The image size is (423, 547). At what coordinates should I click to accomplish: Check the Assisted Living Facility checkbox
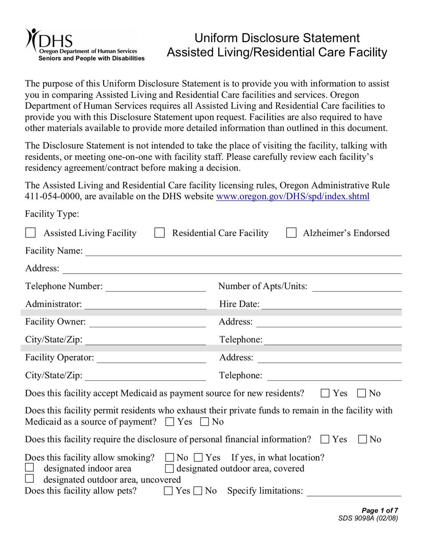31,233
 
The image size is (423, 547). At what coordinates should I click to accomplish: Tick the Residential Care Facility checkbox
160,233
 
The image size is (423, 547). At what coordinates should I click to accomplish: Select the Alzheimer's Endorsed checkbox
291,233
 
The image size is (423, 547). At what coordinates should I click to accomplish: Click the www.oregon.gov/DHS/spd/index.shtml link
293,196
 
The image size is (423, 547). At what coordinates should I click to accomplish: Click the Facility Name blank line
243,252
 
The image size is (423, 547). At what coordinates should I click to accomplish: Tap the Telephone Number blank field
156,288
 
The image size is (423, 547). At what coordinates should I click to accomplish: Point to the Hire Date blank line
331,305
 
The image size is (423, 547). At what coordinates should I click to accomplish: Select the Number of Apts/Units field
357,288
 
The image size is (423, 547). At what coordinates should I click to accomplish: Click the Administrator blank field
145,305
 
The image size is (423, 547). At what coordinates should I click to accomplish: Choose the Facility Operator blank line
151,359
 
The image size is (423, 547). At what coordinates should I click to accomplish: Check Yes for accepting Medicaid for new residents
325,393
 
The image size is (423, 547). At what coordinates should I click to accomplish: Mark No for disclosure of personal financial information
363,439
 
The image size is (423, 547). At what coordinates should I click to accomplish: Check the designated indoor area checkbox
29,467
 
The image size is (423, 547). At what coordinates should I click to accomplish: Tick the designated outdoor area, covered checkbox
170,468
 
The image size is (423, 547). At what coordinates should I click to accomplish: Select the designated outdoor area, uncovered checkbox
29,479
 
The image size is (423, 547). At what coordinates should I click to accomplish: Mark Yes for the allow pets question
168,491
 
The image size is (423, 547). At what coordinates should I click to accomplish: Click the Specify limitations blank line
354,492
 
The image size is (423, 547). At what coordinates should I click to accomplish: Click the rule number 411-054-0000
52,196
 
